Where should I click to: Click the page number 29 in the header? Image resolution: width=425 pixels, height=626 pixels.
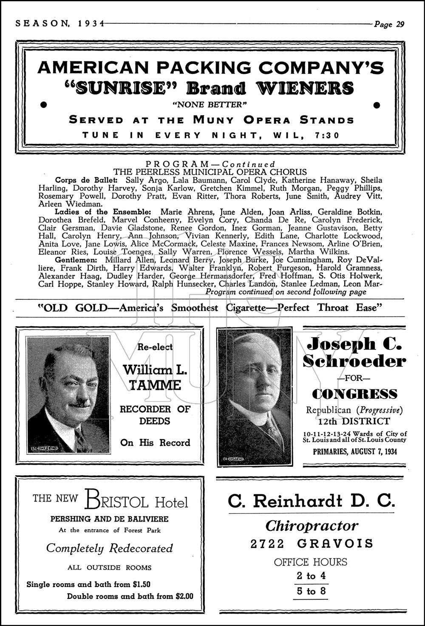pyautogui.click(x=400, y=24)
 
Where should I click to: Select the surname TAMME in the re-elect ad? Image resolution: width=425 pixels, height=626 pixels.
pyautogui.click(x=155, y=386)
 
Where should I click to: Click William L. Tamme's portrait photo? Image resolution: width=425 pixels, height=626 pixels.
pyautogui.click(x=68, y=395)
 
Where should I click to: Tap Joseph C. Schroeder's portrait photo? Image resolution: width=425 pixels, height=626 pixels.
pyautogui.click(x=255, y=397)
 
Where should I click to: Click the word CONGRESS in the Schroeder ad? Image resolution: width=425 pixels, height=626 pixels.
pyautogui.click(x=354, y=394)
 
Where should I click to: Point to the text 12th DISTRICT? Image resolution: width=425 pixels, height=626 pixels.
pyautogui.click(x=354, y=421)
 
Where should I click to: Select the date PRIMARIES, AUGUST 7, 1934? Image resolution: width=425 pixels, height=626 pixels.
pyautogui.click(x=355, y=451)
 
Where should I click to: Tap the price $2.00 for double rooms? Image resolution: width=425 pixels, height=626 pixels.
pyautogui.click(x=184, y=596)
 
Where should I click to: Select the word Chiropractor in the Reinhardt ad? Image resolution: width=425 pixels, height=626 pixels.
pyautogui.click(x=312, y=526)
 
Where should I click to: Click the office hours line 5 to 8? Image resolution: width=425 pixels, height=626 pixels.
pyautogui.click(x=311, y=591)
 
